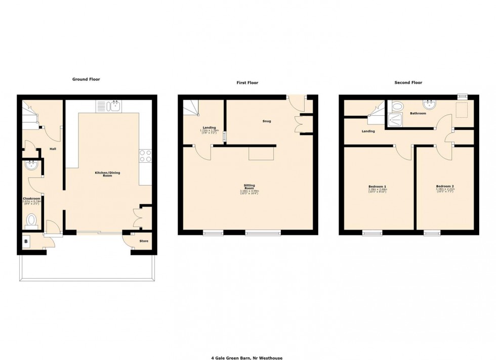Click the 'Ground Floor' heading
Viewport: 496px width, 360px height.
click(86, 79)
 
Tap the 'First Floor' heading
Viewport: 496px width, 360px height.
click(247, 82)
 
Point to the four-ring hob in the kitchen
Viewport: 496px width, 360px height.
click(145, 156)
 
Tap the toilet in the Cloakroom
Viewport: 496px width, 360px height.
click(32, 220)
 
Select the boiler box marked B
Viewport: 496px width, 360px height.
click(26, 242)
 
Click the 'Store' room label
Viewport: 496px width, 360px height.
click(143, 241)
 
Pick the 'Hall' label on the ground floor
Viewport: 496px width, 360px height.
click(53, 149)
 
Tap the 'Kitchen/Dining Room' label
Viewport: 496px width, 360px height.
click(107, 174)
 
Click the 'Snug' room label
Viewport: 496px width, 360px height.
click(266, 121)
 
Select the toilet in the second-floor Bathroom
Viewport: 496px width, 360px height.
click(397, 106)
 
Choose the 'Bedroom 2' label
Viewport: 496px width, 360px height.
click(444, 187)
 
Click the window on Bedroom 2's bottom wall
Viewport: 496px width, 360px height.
click(432, 233)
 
